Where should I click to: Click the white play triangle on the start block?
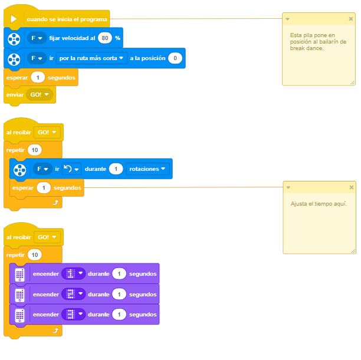[x=14, y=19]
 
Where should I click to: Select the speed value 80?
[x=105, y=38]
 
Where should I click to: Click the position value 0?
[x=175, y=58]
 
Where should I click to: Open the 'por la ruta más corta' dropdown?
[x=91, y=58]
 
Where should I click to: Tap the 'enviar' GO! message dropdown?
[x=40, y=94]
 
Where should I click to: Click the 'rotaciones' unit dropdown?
[x=147, y=169]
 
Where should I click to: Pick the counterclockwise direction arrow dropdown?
[x=71, y=169]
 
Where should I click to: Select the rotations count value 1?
[x=116, y=169]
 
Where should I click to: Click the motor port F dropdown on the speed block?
[x=37, y=38]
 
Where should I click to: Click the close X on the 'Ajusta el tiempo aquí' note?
[x=352, y=187]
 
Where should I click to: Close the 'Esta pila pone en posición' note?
[x=350, y=19]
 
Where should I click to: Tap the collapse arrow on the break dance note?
[x=287, y=19]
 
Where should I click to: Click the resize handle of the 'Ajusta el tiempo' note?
[x=353, y=251]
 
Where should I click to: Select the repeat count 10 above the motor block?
[x=35, y=150]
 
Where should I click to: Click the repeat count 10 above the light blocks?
[x=35, y=255]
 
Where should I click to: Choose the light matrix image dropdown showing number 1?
[x=74, y=274]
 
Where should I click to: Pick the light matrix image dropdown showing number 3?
[x=74, y=314]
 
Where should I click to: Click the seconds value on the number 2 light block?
[x=119, y=294]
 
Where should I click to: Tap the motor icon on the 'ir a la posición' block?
[x=14, y=59]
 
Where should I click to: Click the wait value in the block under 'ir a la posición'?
[x=38, y=78]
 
